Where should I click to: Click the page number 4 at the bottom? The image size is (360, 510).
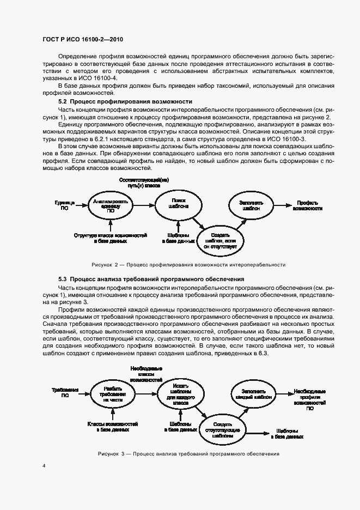(x=44, y=466)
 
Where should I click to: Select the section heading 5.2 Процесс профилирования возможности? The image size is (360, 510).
(x=125, y=102)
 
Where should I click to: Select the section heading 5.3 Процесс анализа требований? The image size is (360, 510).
(x=151, y=279)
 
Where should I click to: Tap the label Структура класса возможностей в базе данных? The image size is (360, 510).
(x=111, y=238)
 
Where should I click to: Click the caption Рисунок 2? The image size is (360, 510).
(x=188, y=264)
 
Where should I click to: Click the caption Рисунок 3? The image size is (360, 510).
(x=188, y=453)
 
